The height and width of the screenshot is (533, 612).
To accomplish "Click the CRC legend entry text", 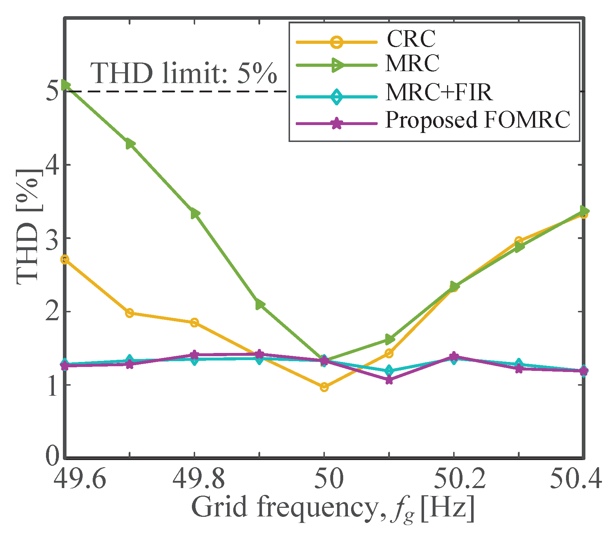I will coord(411,39).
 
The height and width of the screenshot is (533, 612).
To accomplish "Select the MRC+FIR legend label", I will coord(438,92).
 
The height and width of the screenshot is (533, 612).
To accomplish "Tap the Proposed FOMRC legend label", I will coord(477,120).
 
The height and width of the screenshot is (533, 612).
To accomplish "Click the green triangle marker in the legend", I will coord(337,65).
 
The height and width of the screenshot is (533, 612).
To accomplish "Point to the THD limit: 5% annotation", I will coord(184,74).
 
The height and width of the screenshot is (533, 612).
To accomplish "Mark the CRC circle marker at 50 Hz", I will coord(324,387).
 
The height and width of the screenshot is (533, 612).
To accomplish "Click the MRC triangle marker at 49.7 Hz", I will coord(130,144).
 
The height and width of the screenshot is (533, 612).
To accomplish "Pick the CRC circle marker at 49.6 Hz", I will coord(65,259).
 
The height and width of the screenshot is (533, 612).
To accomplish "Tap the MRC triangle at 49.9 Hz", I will coord(260,305).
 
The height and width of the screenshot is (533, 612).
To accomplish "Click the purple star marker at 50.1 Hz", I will coord(389,380).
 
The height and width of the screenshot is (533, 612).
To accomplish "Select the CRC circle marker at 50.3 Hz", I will coord(518,240).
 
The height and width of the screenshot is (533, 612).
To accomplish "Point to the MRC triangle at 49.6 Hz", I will coord(65,85).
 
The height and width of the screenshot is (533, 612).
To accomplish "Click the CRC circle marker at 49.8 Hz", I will coord(194,322).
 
